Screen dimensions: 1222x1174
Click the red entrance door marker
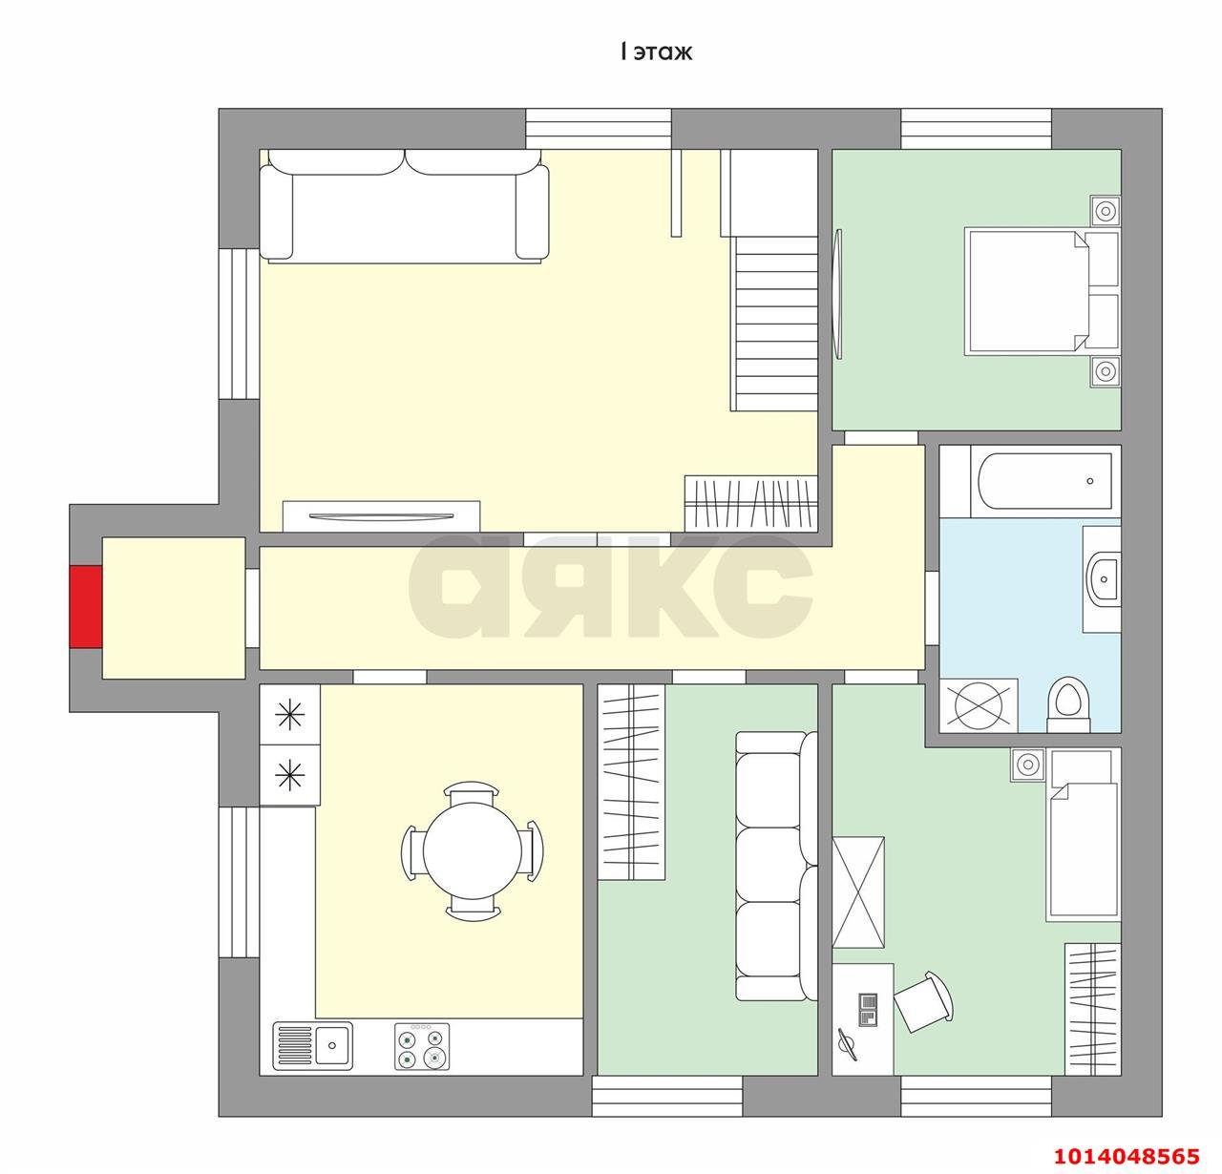85,606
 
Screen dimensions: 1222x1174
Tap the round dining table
473,851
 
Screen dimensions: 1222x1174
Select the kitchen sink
313,1045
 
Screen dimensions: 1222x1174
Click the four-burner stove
422,1046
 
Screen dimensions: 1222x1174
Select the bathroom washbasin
1104,578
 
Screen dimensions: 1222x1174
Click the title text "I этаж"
656,52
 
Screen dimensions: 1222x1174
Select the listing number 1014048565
1127,1156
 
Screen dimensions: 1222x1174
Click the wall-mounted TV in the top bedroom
837,294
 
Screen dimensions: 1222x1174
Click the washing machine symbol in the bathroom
979,705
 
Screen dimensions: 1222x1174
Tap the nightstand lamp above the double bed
1106,210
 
